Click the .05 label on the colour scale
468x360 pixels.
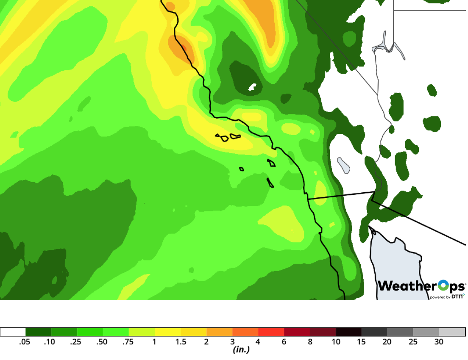coord(25,342)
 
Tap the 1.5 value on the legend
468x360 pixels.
coord(181,342)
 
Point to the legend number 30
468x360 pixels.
coord(439,342)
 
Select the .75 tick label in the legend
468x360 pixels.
coord(128,342)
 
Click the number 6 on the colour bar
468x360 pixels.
coord(284,342)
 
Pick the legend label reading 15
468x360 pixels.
coord(362,342)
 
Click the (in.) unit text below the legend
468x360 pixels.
coord(241,350)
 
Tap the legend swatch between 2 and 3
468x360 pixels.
coord(220,332)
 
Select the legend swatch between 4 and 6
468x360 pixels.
coord(271,332)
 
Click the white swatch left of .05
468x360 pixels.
coord(13,332)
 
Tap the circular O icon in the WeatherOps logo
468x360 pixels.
coord(443,286)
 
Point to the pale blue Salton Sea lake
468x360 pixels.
coord(343,165)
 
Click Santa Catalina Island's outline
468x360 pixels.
coord(271,163)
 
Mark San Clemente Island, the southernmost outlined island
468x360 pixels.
coord(270,183)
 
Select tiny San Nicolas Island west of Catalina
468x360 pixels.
coord(241,169)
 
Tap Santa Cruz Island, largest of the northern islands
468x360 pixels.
coord(235,136)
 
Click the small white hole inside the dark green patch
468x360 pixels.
coord(253,87)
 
